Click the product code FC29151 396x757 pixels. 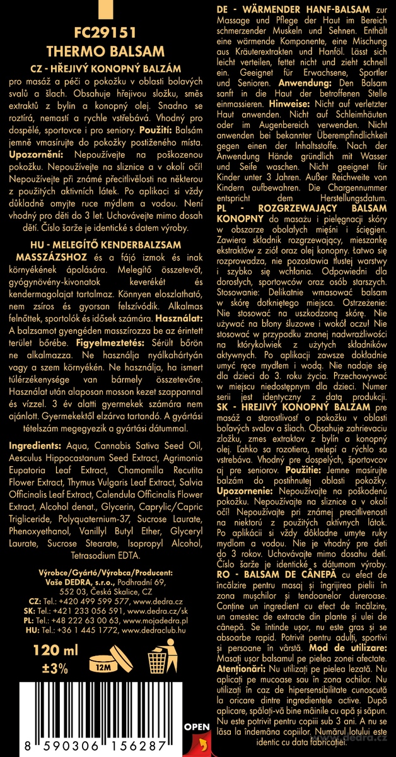100,33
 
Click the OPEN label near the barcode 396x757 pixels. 196,727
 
